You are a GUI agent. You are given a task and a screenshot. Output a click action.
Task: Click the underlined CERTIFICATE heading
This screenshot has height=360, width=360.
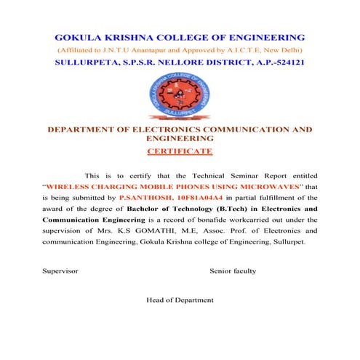(180, 151)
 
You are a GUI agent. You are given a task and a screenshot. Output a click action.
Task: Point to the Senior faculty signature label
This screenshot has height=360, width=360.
(233, 271)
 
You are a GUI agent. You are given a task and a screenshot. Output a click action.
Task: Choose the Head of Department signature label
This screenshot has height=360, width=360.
(180, 300)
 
